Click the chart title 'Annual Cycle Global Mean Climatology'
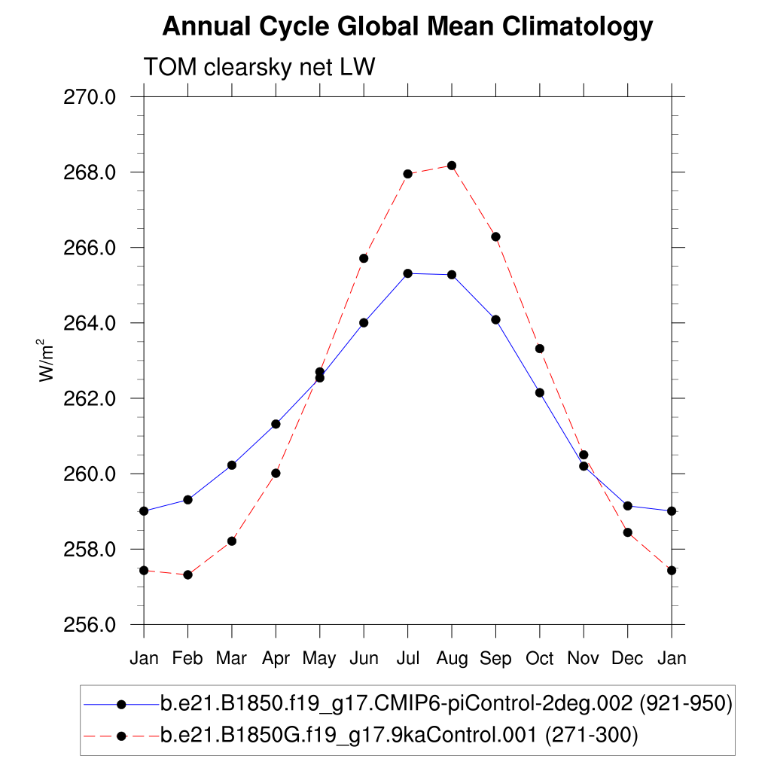407,27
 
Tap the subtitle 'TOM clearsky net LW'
259,68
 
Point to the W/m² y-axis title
47,360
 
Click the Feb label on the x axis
187,659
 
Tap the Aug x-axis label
452,659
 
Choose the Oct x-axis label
539,659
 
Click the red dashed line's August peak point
452,166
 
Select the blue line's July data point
407,273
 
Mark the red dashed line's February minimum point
187,575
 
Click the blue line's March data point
232,465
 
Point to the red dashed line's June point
364,258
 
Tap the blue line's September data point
495,320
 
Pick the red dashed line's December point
627,533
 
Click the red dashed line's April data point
276,474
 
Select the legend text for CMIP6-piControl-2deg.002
446,705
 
